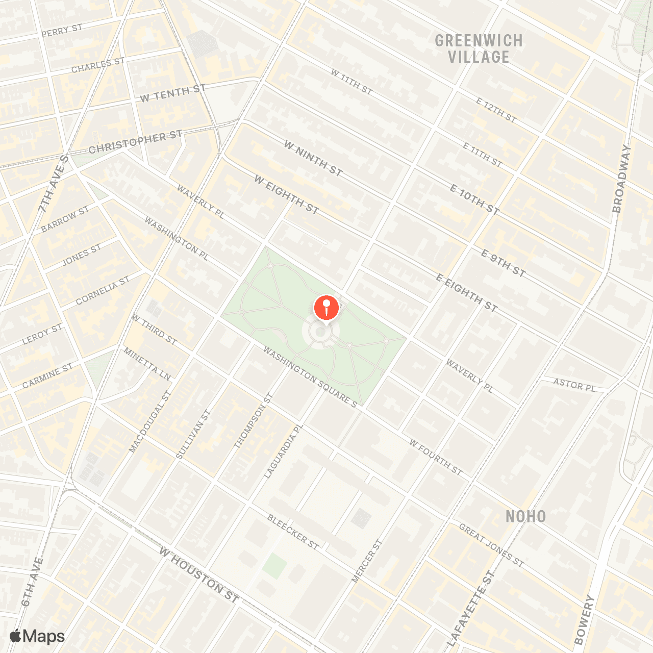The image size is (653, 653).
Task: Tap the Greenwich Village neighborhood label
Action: [x=479, y=49]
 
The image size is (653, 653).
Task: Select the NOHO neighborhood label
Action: [x=525, y=516]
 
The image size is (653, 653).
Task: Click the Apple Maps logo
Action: [x=37, y=636]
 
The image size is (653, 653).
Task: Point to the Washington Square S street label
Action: [x=310, y=378]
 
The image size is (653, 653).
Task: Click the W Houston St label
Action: [x=198, y=575]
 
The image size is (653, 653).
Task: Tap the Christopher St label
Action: [x=135, y=142]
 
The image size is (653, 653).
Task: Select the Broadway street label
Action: [x=621, y=179]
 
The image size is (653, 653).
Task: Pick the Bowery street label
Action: [x=585, y=619]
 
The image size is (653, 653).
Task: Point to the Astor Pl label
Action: [x=574, y=385]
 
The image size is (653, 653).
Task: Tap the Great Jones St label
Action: [x=491, y=545]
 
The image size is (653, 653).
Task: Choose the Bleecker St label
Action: [x=293, y=532]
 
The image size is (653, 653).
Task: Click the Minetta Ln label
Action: [x=147, y=364]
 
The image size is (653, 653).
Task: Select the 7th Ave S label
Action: [x=53, y=184]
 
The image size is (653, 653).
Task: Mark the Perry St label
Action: [x=62, y=31]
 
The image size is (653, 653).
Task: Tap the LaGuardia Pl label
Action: [x=283, y=452]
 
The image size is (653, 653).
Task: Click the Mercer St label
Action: [x=366, y=561]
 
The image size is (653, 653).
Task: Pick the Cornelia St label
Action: [x=103, y=290]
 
